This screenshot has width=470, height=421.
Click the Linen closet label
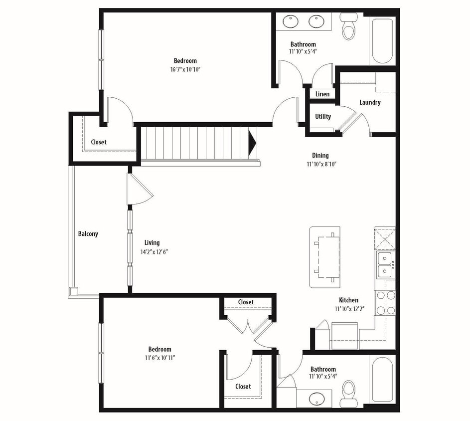pos(322,94)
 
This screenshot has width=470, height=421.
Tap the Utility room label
pos(322,117)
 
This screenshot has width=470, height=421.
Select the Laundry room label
pos(370,102)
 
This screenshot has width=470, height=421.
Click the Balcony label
pos(88,233)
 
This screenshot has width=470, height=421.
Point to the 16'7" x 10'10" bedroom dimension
pos(185,69)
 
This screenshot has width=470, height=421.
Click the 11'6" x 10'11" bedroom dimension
pos(159,357)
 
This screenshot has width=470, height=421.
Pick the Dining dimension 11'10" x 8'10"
pos(320,164)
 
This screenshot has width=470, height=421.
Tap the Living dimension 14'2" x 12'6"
pos(154,251)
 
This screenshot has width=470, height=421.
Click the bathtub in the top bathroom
pos(382,40)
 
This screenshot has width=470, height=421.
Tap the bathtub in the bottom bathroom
pos(382,380)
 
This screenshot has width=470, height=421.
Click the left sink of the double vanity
pos(290,21)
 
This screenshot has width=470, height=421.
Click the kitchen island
pos(324,257)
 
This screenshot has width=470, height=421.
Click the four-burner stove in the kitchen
pos(385,303)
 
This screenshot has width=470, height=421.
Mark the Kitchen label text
pos(348,300)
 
